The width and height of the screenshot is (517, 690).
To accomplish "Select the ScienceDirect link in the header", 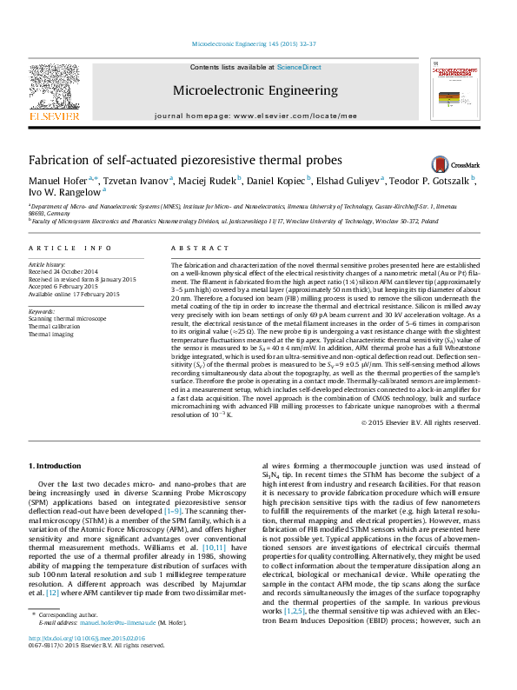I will tap(299, 67).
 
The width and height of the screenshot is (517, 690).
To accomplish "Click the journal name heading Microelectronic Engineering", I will tap(255, 90).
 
